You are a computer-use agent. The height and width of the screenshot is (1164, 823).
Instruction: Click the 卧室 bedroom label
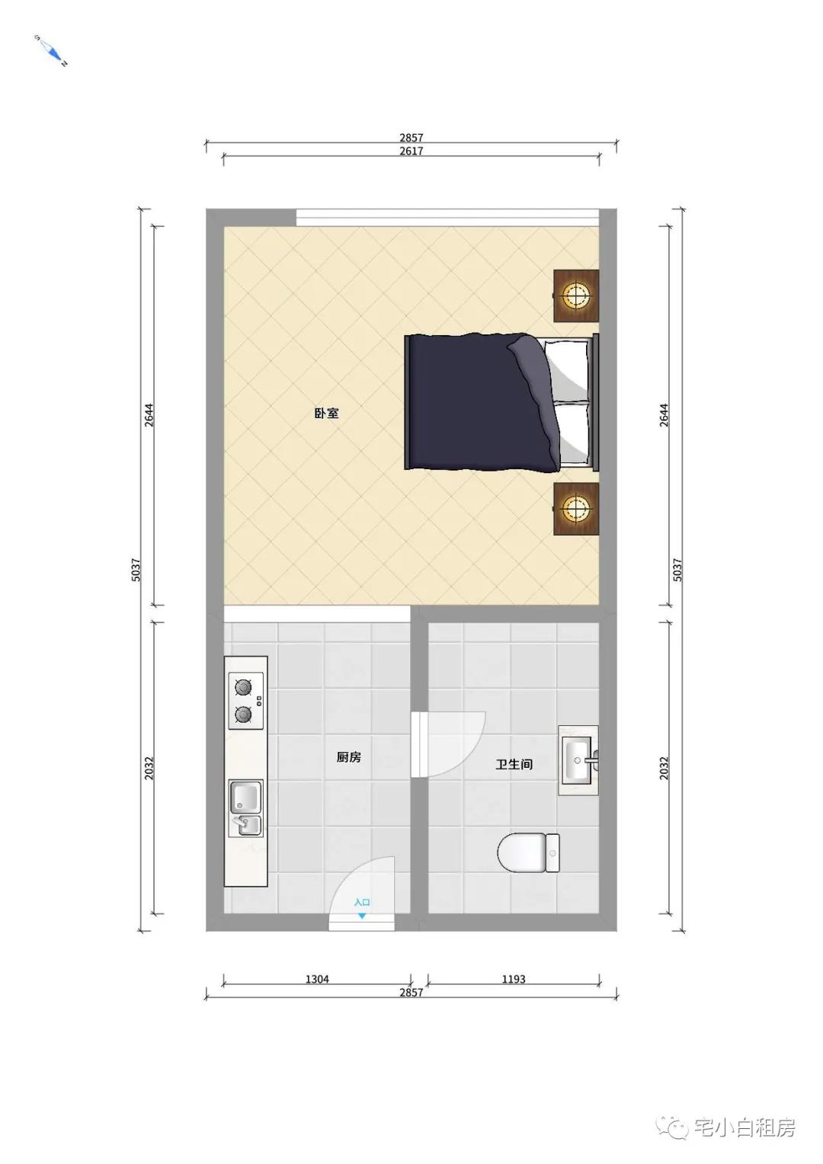326,413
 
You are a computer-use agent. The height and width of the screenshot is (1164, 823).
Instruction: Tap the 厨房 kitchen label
348,757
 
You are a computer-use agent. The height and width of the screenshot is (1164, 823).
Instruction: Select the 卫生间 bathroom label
514,764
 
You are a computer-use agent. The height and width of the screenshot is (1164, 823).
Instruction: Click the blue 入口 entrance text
362,902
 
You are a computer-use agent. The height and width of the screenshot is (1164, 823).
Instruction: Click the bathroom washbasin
578,760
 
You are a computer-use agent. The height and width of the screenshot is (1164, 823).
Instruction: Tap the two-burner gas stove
245,701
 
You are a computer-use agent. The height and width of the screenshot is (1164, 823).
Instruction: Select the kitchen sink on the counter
246,808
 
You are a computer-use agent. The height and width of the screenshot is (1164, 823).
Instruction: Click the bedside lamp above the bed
575,296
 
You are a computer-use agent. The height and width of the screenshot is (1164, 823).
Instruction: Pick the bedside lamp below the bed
575,508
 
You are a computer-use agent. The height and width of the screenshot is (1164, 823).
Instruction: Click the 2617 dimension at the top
411,151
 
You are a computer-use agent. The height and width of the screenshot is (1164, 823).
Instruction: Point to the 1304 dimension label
316,979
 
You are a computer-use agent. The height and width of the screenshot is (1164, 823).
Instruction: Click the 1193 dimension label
514,979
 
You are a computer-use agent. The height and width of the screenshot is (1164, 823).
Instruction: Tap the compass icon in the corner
52,51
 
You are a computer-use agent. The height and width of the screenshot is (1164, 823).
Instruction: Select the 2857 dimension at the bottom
411,992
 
